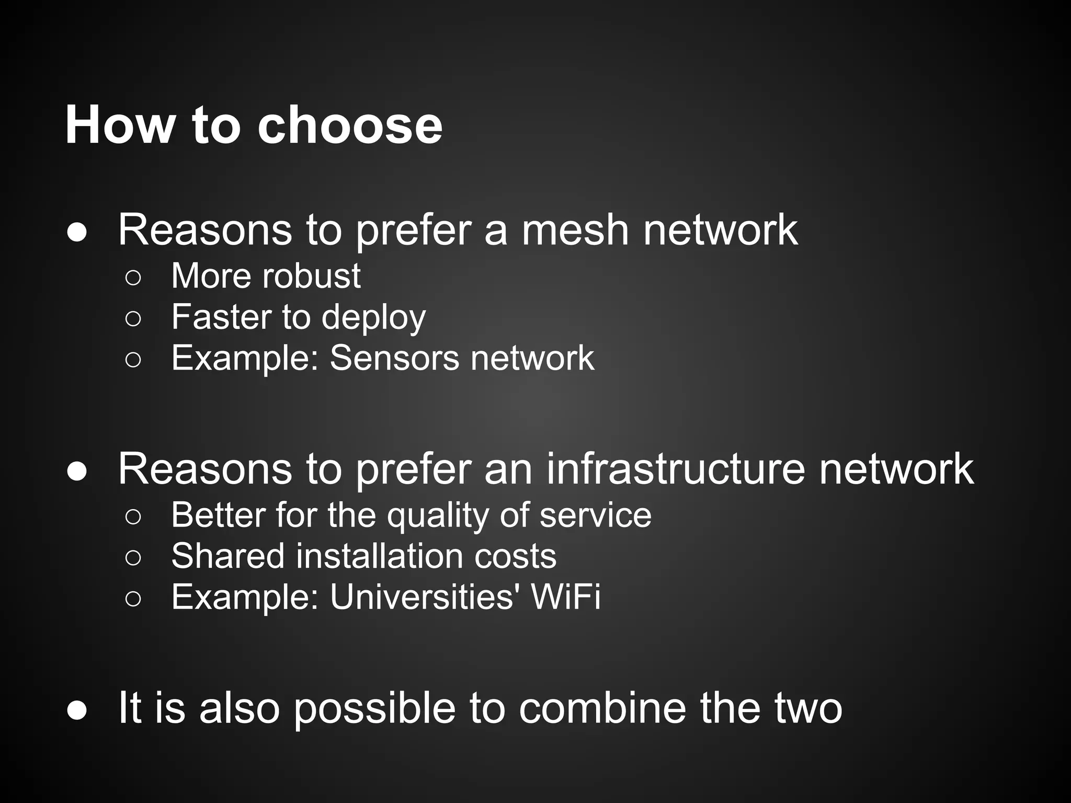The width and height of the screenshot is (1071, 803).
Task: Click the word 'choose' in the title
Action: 350,125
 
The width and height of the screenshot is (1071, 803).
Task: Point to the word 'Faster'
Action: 220,317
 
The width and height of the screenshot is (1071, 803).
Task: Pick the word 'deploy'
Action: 373,318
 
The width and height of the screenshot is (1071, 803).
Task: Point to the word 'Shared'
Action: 227,556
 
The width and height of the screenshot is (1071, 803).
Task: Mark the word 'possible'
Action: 373,709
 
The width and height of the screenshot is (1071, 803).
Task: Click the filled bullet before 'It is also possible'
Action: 77,711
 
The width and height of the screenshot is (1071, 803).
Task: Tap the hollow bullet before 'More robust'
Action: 133,278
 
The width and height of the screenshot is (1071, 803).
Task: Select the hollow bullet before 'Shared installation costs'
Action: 133,558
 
